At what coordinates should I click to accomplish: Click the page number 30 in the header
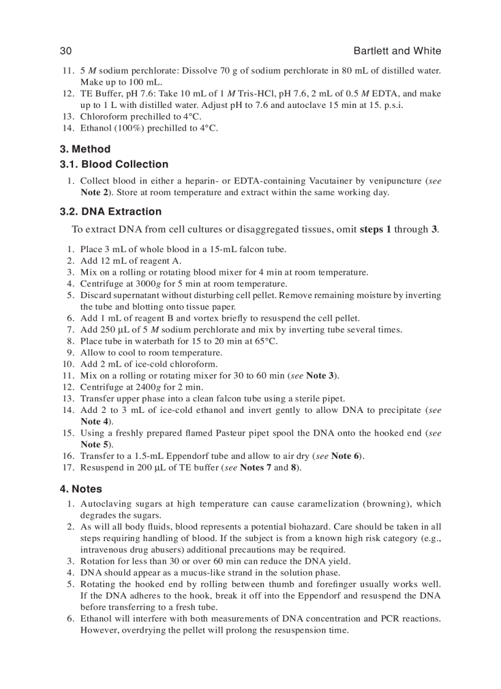(66, 51)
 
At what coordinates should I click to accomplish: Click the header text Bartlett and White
(397, 51)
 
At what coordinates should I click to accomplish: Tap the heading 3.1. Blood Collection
(114, 164)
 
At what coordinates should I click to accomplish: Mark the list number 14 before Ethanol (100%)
(68, 128)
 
